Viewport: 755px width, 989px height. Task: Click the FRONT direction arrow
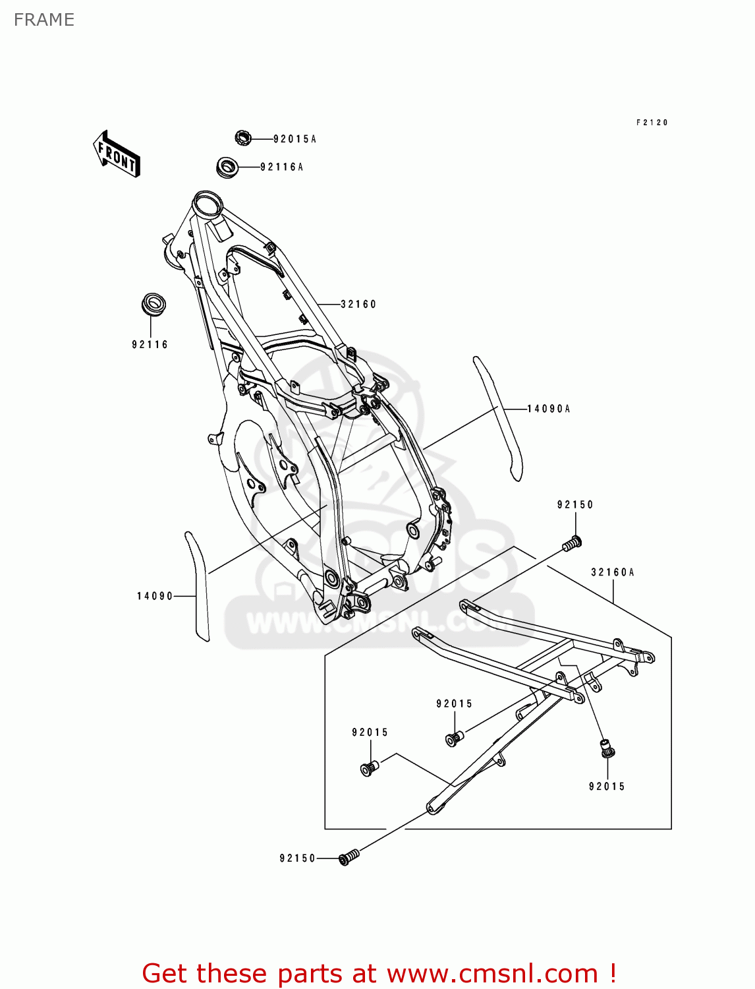tap(116, 154)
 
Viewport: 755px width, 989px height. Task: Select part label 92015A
tap(294, 139)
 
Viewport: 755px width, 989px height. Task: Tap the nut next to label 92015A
tap(243, 138)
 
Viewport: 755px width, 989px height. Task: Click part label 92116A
tap(281, 167)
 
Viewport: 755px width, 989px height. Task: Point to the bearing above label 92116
tap(154, 306)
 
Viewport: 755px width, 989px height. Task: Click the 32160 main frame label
tap(358, 305)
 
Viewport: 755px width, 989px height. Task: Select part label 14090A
tap(548, 409)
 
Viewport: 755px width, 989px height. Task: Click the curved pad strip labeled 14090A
tap(500, 418)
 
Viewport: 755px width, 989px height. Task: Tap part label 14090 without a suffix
tap(155, 597)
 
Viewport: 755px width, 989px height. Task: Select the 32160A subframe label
tap(612, 572)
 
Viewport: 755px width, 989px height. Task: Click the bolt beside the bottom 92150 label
tap(349, 856)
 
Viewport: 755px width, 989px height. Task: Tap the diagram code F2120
tap(652, 123)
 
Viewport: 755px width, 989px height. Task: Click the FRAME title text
tap(44, 20)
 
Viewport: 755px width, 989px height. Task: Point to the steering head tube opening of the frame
tap(207, 202)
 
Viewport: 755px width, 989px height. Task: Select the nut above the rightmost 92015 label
tap(606, 748)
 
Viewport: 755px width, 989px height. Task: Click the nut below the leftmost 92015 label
tap(370, 767)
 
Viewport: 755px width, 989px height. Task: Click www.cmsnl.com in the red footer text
tap(492, 973)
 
